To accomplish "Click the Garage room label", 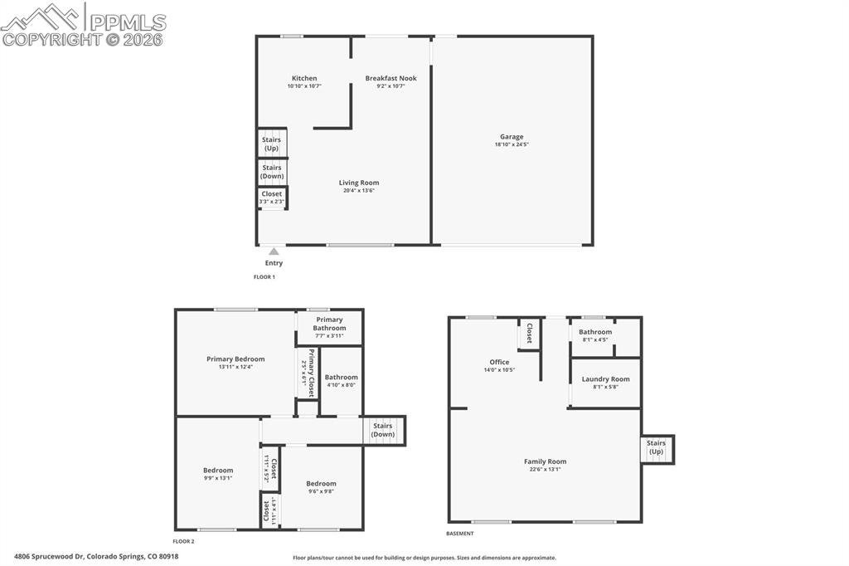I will (512, 137).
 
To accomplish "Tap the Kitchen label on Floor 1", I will (304, 79).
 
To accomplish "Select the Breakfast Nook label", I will (391, 79).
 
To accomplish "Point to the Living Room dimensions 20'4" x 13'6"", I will (359, 191).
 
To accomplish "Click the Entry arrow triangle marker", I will (274, 251).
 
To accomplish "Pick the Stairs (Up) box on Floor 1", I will (272, 144).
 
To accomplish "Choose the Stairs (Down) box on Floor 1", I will (272, 172).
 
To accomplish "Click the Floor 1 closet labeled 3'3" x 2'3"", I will (272, 198).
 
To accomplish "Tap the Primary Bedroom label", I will (235, 359).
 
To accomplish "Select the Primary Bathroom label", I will (329, 324).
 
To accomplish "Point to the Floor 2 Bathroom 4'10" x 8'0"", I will (341, 381).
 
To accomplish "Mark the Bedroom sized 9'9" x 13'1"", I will (218, 474).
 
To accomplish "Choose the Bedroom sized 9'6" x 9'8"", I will (321, 487).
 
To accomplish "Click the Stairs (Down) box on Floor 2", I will (383, 430).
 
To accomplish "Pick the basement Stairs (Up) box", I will (656, 448).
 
